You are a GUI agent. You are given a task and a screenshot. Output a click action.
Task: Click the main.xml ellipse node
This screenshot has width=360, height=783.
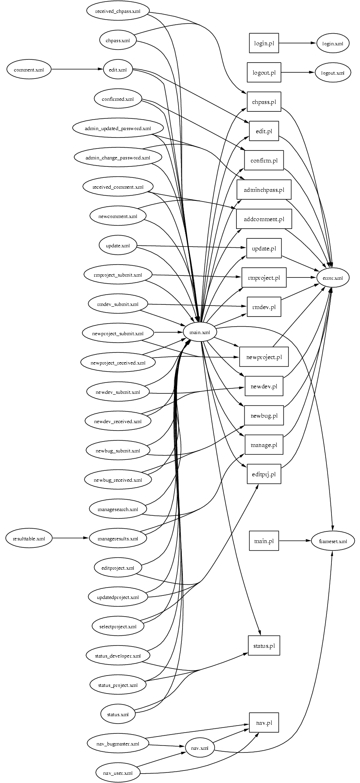point(200,333)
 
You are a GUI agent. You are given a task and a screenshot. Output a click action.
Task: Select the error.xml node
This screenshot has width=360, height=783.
point(332,278)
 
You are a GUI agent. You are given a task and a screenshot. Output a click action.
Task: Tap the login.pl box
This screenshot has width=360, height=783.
point(264,43)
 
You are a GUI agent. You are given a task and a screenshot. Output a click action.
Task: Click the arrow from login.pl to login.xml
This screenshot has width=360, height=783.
point(297,43)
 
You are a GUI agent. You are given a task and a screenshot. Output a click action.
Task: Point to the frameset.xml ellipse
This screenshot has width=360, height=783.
point(333,541)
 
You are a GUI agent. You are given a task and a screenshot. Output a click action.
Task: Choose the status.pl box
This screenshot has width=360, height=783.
point(264,645)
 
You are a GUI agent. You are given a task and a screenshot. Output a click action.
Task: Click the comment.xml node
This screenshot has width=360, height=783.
point(29,70)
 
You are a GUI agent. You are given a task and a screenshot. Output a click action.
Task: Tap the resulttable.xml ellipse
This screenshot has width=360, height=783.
point(29,538)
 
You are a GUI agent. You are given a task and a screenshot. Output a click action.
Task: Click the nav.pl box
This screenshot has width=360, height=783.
point(264,723)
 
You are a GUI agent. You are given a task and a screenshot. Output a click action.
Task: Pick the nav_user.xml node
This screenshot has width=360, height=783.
point(118,773)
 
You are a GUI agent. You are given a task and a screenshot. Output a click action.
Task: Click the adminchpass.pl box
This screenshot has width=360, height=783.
point(264,190)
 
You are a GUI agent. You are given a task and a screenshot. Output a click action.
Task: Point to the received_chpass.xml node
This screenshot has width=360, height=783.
point(118,11)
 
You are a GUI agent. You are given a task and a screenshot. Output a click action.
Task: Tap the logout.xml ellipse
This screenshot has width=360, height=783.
point(333,73)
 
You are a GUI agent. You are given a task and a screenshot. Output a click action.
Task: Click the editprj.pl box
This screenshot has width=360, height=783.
point(264,474)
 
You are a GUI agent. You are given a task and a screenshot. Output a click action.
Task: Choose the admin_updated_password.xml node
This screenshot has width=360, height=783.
point(118,128)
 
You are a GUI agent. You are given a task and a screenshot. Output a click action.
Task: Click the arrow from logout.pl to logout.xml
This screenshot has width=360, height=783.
point(297,72)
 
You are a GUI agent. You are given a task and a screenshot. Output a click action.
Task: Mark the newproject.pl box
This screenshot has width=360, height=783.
point(264,357)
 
